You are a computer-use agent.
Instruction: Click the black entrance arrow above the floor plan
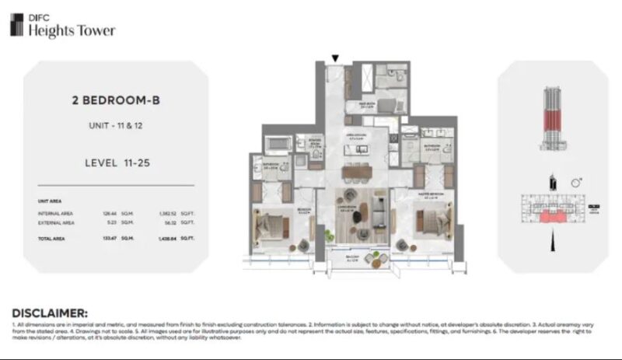(x=335, y=58)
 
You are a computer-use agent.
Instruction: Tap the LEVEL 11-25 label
(x=115, y=163)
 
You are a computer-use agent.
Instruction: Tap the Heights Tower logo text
(x=72, y=30)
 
